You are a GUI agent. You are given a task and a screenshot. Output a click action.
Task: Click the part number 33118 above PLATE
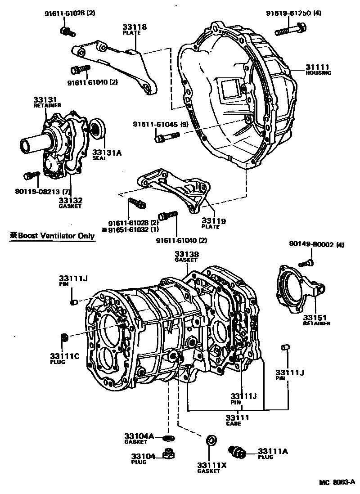click(135, 27)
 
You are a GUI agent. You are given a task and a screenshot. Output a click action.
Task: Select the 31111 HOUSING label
click(318, 69)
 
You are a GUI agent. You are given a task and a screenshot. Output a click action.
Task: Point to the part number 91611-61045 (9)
click(160, 124)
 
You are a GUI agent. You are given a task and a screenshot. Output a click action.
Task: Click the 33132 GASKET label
click(71, 202)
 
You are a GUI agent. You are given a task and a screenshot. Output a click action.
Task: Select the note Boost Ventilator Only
click(52, 236)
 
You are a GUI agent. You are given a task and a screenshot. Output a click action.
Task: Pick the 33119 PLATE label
click(213, 223)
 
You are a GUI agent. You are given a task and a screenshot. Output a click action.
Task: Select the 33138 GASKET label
click(186, 256)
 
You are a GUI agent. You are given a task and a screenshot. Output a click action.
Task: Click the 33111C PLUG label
click(64, 359)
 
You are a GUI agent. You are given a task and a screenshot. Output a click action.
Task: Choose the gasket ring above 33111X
click(210, 440)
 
